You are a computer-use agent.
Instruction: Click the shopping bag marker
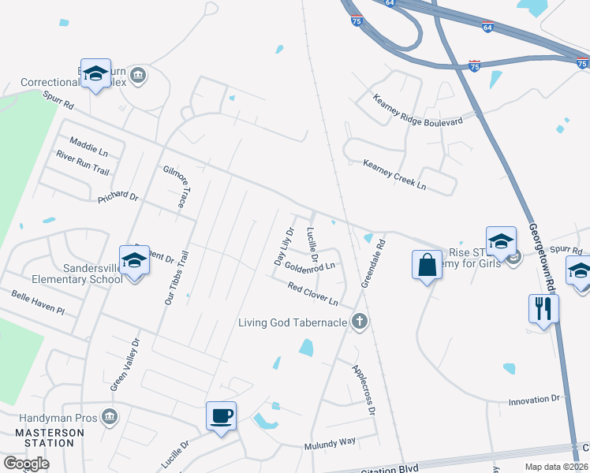pos(427,265)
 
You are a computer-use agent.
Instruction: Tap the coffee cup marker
pos(221,415)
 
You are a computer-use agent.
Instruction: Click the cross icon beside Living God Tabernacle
pos(359,321)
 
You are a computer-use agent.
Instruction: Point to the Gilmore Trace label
pos(175,187)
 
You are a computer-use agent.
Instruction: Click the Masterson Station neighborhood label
pos(50,438)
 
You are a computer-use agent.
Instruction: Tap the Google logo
pos(26,464)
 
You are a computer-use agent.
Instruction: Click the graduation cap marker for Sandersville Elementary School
pos(134,261)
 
